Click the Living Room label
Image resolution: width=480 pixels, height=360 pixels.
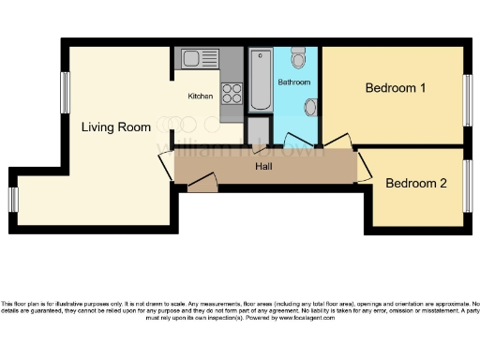click(x=116, y=127)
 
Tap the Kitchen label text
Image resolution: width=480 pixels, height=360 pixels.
click(x=201, y=97)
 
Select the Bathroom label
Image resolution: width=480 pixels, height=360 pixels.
click(x=293, y=82)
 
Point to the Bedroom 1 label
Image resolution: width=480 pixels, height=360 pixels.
click(x=396, y=89)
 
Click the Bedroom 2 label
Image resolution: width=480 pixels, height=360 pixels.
click(x=416, y=184)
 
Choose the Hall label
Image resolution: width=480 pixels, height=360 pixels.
click(x=264, y=167)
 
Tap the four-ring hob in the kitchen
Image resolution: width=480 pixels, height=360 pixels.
click(x=231, y=95)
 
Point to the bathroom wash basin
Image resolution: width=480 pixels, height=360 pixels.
click(x=311, y=107)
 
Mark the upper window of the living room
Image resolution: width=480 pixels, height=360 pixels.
click(x=65, y=94)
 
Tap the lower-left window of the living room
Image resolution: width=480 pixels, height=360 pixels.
click(x=13, y=200)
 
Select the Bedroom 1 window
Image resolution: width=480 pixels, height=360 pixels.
click(x=466, y=98)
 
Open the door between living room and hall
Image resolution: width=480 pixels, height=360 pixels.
click(x=167, y=165)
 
